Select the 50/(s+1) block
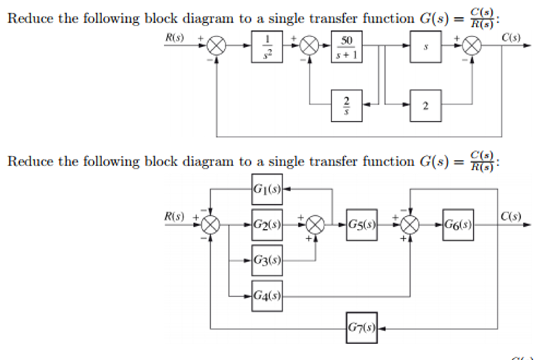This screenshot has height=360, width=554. (x=347, y=48)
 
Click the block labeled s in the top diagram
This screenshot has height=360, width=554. (x=426, y=48)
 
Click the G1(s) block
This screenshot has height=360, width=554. (x=266, y=188)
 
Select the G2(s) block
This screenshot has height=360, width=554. (x=266, y=225)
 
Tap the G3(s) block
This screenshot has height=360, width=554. (x=266, y=261)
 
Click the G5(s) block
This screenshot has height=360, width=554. (x=362, y=225)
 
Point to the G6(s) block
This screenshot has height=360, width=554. (x=458, y=225)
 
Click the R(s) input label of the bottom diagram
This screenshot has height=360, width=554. (x=173, y=217)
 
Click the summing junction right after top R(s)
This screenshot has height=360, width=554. (x=217, y=48)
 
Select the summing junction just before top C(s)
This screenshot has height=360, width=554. (x=472, y=48)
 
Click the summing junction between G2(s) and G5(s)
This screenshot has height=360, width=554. (x=316, y=225)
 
